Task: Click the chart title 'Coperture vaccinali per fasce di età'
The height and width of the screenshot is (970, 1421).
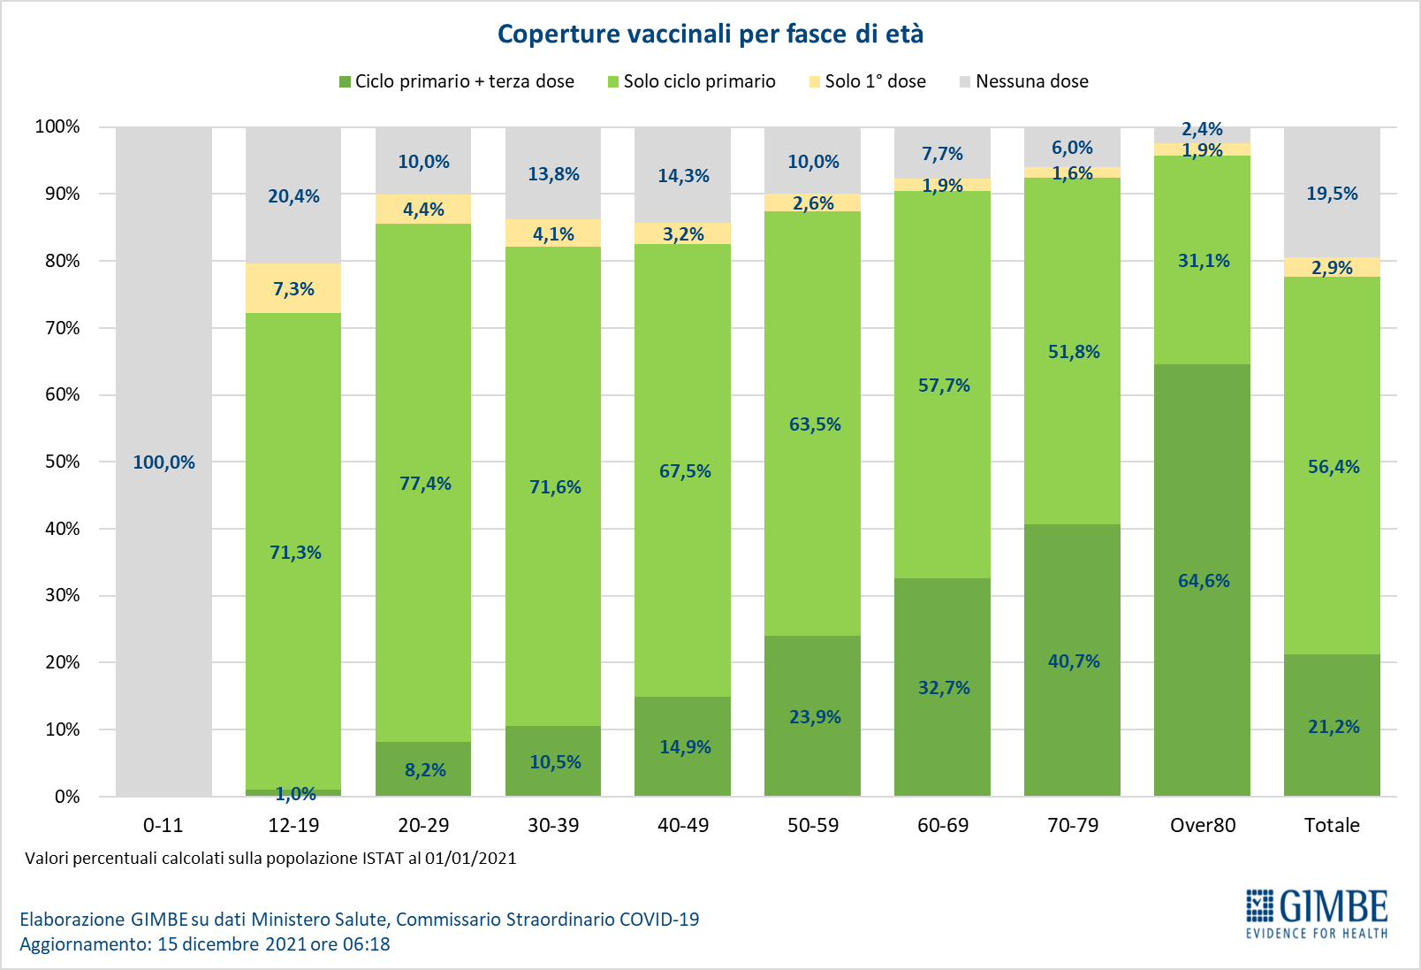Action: coord(710,34)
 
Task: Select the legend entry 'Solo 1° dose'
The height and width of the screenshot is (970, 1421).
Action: coord(867,81)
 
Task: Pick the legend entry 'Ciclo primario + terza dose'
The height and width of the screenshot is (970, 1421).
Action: coord(456,81)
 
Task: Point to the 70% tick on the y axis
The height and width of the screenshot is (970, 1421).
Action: coord(62,328)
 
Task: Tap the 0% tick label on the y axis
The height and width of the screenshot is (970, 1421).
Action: coord(67,797)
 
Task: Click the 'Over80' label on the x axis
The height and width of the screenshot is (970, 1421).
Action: coord(1203,825)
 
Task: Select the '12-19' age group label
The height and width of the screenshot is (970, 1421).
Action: coord(293,825)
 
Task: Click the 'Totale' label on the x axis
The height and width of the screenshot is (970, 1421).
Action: coord(1332,825)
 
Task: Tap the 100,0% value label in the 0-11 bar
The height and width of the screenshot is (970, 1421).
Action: coord(163,462)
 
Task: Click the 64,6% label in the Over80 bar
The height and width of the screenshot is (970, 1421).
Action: coord(1204,581)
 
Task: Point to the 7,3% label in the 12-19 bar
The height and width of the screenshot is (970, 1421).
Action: coord(293,289)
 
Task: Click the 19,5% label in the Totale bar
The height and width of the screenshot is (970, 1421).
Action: coord(1332,194)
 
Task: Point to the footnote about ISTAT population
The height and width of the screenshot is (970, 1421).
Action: coord(270,859)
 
